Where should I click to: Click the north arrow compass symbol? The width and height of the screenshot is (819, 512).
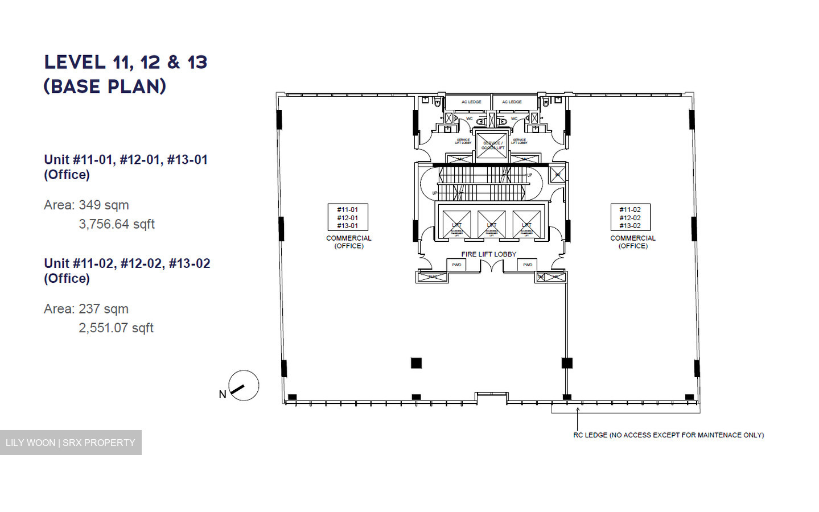pyautogui.click(x=244, y=386)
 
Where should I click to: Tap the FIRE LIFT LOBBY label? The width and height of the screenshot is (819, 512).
pyautogui.click(x=488, y=254)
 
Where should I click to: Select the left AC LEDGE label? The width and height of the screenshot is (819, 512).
pyautogui.click(x=471, y=102)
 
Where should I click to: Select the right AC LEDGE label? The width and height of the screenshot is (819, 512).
pyautogui.click(x=512, y=102)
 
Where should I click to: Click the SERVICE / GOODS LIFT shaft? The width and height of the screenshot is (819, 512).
pyautogui.click(x=492, y=145)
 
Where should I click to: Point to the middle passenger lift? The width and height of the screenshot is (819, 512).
pyautogui.click(x=492, y=224)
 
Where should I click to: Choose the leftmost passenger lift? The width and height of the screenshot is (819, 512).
pyautogui.click(x=456, y=224)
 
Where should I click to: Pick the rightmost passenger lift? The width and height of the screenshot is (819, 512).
pyautogui.click(x=526, y=224)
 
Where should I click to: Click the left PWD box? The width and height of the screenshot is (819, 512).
pyautogui.click(x=456, y=265)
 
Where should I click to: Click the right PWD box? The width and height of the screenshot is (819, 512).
pyautogui.click(x=528, y=265)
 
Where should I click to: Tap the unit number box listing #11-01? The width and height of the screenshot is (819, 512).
pyautogui.click(x=348, y=217)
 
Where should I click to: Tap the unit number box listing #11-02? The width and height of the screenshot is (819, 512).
pyautogui.click(x=630, y=217)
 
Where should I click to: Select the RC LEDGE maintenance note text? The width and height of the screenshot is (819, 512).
pyautogui.click(x=668, y=435)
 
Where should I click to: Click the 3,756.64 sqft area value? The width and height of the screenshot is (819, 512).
pyautogui.click(x=117, y=224)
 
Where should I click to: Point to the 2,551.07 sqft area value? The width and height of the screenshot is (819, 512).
pyautogui.click(x=116, y=328)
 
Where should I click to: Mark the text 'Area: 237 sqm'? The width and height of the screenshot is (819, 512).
pyautogui.click(x=86, y=309)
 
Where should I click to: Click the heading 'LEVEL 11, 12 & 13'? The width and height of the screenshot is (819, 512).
pyautogui.click(x=126, y=62)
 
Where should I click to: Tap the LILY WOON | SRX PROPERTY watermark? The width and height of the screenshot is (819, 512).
pyautogui.click(x=71, y=443)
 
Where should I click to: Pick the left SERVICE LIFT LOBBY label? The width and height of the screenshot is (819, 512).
pyautogui.click(x=463, y=141)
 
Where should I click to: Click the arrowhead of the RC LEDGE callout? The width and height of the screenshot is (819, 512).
pyautogui.click(x=578, y=409)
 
